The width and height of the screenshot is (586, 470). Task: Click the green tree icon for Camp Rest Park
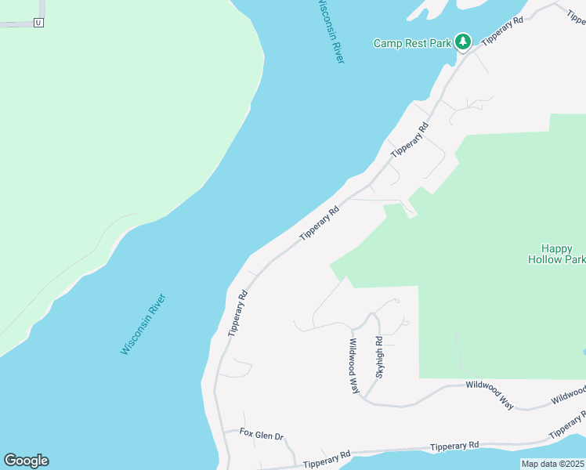[463, 41]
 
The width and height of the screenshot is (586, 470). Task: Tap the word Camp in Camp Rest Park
[388, 44]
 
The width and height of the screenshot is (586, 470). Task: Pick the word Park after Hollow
[574, 259]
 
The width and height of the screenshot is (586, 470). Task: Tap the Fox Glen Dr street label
[261, 433]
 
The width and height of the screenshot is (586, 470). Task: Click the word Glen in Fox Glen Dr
[262, 433]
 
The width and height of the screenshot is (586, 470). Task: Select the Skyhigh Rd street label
[379, 358]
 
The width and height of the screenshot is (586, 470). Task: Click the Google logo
[26, 461]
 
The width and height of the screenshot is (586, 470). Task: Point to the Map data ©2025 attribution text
[552, 464]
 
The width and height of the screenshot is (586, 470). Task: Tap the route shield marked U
[38, 23]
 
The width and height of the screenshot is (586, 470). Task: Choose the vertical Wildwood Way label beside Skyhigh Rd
[354, 366]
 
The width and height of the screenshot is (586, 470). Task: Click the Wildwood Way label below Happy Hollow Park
[490, 395]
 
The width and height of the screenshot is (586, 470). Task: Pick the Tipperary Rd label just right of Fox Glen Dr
[327, 459]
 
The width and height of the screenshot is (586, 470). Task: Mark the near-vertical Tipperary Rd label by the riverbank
[237, 313]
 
